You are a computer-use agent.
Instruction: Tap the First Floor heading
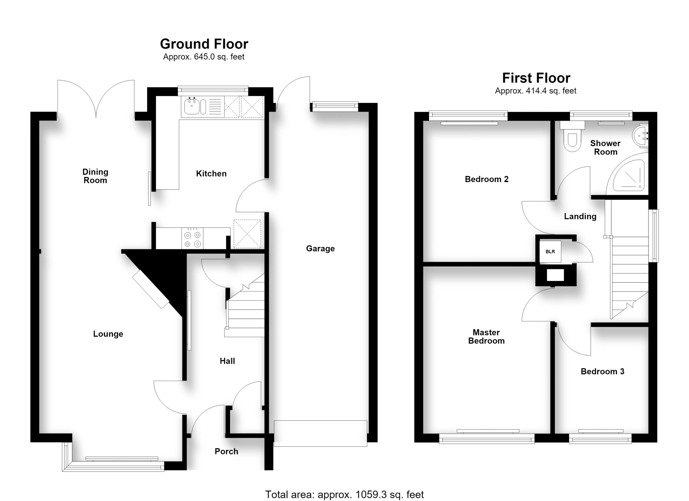pyautogui.click(x=536, y=78)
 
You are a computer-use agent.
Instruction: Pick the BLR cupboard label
pyautogui.click(x=550, y=251)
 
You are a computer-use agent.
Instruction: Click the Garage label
pyautogui.click(x=320, y=248)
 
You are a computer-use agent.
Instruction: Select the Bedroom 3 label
pyautogui.click(x=602, y=371)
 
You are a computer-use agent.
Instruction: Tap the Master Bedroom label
pyautogui.click(x=486, y=336)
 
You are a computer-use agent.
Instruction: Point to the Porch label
pyautogui.click(x=226, y=451)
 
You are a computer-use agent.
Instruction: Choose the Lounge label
pyautogui.click(x=108, y=334)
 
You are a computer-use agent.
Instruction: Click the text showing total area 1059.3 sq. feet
pyautogui.click(x=344, y=494)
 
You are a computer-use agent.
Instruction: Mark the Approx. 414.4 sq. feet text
pyautogui.click(x=536, y=91)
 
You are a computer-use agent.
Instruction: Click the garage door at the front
pyautogui.click(x=321, y=433)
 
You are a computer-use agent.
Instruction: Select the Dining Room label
pyautogui.click(x=95, y=176)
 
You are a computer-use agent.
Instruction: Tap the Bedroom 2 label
pyautogui.click(x=487, y=179)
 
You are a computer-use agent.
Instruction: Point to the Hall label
pyautogui.click(x=227, y=361)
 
